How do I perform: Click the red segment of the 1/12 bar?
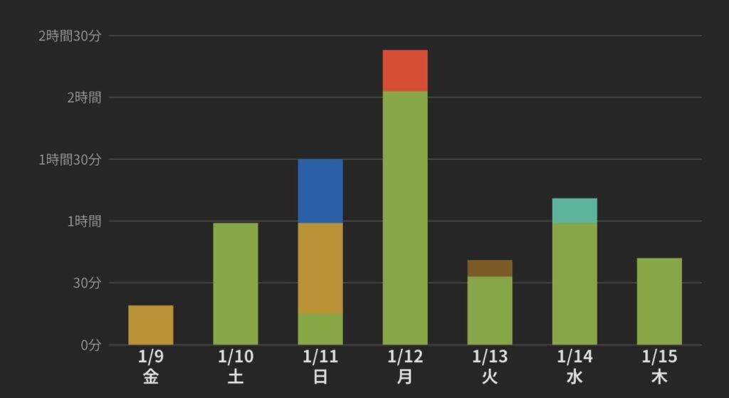click(x=404, y=70)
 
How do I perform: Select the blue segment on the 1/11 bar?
click(x=320, y=191)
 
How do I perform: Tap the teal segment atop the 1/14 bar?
click(x=574, y=211)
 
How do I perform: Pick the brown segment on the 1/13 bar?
click(x=489, y=268)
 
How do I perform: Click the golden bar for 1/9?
click(x=150, y=325)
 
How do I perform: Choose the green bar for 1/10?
click(x=235, y=283)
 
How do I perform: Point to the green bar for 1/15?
click(x=659, y=301)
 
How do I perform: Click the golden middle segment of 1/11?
click(x=320, y=268)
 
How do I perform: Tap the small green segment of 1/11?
click(x=320, y=329)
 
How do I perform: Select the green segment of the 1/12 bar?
click(x=404, y=218)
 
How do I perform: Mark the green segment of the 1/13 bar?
click(x=489, y=310)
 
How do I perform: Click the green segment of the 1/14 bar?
click(x=574, y=283)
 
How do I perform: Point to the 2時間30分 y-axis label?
click(x=70, y=36)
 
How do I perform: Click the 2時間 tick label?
click(x=83, y=98)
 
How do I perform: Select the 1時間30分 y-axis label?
click(x=70, y=159)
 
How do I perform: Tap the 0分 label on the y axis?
click(x=90, y=345)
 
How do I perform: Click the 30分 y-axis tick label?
click(x=86, y=283)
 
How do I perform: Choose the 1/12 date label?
click(x=404, y=357)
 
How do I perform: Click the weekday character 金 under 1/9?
click(x=150, y=377)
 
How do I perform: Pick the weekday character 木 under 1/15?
click(x=659, y=377)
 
